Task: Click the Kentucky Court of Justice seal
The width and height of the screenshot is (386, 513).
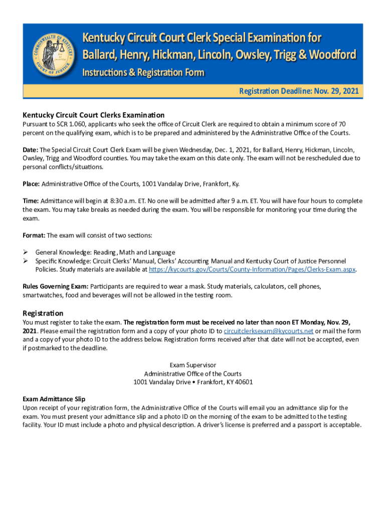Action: [x=52, y=55]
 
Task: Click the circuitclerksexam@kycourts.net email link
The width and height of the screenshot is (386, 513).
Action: [x=268, y=331]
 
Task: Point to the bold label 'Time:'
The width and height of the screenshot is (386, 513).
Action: [x=31, y=201]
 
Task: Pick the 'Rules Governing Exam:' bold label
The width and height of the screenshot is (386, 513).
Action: [x=56, y=287]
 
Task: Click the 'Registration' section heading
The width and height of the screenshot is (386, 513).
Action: [x=43, y=313]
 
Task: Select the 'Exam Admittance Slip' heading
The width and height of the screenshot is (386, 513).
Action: [x=54, y=399]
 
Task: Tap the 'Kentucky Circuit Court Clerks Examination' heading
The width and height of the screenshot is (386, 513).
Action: [x=93, y=115]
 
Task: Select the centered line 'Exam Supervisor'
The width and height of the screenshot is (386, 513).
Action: [x=193, y=365]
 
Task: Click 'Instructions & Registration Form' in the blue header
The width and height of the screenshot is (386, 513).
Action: [x=143, y=73]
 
